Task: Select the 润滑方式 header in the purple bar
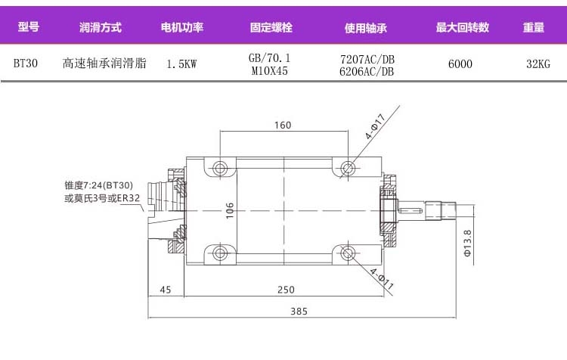pyautogui.click(x=100, y=28)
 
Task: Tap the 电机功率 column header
pyautogui.click(x=182, y=28)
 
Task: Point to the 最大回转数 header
pyautogui.click(x=463, y=28)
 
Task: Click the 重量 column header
pyautogui.click(x=534, y=28)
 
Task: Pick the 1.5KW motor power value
pyautogui.click(x=181, y=64)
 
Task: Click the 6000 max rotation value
pyautogui.click(x=460, y=64)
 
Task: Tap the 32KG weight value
pyautogui.click(x=538, y=64)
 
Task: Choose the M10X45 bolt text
pyautogui.click(x=269, y=70)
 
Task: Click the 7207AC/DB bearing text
pyautogui.click(x=367, y=58)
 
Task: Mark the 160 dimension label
pyautogui.click(x=283, y=126)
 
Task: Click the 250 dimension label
pyautogui.click(x=285, y=290)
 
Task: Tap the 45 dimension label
pyautogui.click(x=166, y=290)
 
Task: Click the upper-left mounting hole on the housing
pyautogui.click(x=220, y=167)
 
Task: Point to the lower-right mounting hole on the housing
pyautogui.click(x=347, y=253)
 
